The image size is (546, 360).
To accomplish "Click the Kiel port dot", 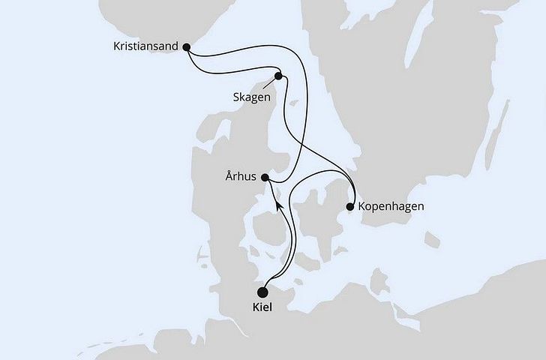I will click(262, 292).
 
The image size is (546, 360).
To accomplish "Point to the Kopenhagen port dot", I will click(350, 206).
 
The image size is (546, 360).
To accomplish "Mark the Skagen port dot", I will click(278, 76).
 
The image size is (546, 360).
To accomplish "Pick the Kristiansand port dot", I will click(187, 46).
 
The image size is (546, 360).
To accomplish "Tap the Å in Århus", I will click(228, 177).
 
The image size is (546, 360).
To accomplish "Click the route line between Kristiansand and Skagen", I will click(232, 70).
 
